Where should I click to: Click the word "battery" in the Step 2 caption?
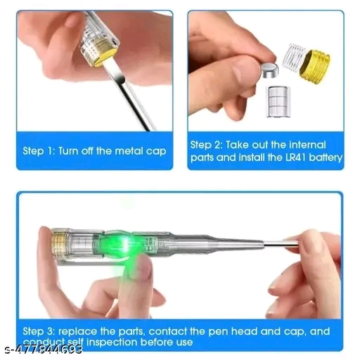pyautogui.click(x=326, y=157)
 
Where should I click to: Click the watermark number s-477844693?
pyautogui.click(x=44, y=349)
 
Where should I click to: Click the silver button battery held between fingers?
pyautogui.click(x=270, y=70)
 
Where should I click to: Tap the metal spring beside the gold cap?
pyautogui.click(x=293, y=57)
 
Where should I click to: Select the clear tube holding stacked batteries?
pyautogui.click(x=278, y=101)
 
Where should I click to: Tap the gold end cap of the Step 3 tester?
pyautogui.click(x=58, y=243)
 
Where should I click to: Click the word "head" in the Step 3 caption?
pyautogui.click(x=244, y=331)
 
